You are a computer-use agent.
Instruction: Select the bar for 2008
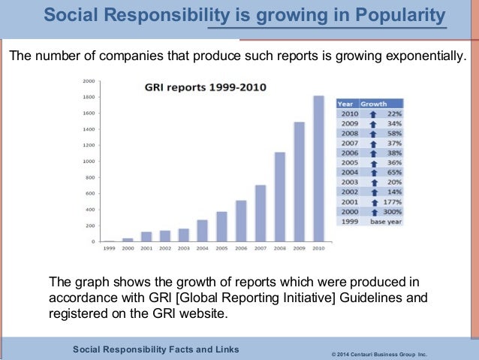(x=279, y=197)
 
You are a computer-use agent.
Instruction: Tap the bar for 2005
(x=221, y=226)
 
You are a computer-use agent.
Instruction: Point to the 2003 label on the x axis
(x=183, y=247)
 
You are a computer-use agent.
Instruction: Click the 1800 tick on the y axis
(x=89, y=97)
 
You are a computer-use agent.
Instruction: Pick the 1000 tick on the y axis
(x=89, y=162)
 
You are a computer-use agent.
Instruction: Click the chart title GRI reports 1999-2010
(x=194, y=88)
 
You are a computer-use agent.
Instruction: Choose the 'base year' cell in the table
(x=383, y=222)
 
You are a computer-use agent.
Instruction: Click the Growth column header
(x=374, y=103)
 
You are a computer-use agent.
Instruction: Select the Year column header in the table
(x=346, y=103)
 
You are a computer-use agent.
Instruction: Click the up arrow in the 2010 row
(x=373, y=113)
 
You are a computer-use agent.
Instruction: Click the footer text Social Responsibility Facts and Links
(x=155, y=349)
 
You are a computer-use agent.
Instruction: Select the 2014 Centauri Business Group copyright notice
(x=378, y=352)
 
